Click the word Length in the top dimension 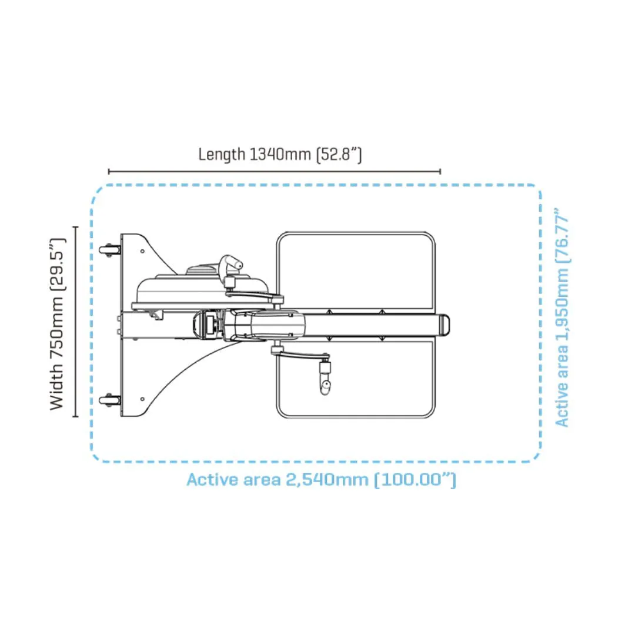pos(222,154)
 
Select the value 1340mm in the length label pos(280,154)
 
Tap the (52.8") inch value pos(339,154)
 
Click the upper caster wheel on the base pos(109,250)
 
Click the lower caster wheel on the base pos(109,400)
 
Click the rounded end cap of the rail pos(444,325)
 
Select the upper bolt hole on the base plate pos(142,251)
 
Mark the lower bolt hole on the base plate pos(142,399)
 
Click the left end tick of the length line pos(109,172)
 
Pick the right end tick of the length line pos(440,172)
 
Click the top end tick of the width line pos(75,227)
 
